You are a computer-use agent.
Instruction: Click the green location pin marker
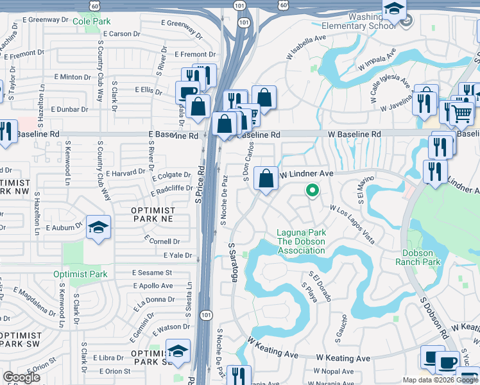(312, 190)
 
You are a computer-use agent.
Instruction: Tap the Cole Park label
(91, 21)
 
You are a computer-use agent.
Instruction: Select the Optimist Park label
(80, 274)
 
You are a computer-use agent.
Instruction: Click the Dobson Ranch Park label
(421, 257)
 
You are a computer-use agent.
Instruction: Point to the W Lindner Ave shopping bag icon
(266, 178)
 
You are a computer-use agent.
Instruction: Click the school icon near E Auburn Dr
(99, 227)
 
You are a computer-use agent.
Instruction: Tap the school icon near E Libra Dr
(178, 351)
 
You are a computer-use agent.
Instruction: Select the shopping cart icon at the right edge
(461, 114)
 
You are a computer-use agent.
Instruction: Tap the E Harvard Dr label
(126, 173)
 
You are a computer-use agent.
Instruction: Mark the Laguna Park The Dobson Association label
(300, 241)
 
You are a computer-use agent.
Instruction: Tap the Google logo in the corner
(22, 377)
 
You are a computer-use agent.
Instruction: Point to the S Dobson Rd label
(434, 318)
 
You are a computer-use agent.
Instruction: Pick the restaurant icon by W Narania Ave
(239, 376)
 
